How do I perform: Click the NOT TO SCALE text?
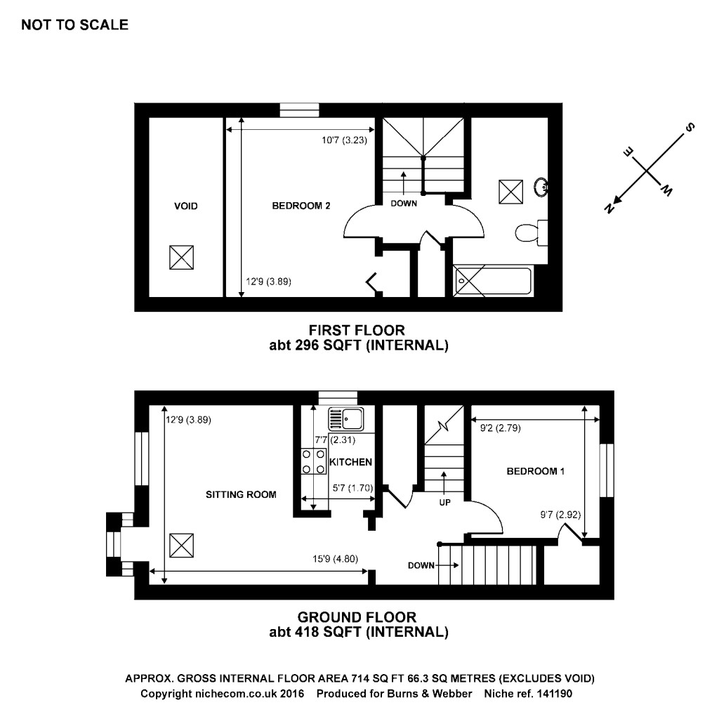click(x=75, y=25)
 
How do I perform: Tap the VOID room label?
click(x=186, y=206)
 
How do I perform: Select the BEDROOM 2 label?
click(x=301, y=206)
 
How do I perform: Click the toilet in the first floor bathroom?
click(x=527, y=232)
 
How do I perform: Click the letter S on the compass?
click(x=690, y=128)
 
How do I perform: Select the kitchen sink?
click(x=344, y=419)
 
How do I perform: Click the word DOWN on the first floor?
click(x=404, y=204)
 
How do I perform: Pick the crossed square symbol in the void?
click(x=181, y=257)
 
